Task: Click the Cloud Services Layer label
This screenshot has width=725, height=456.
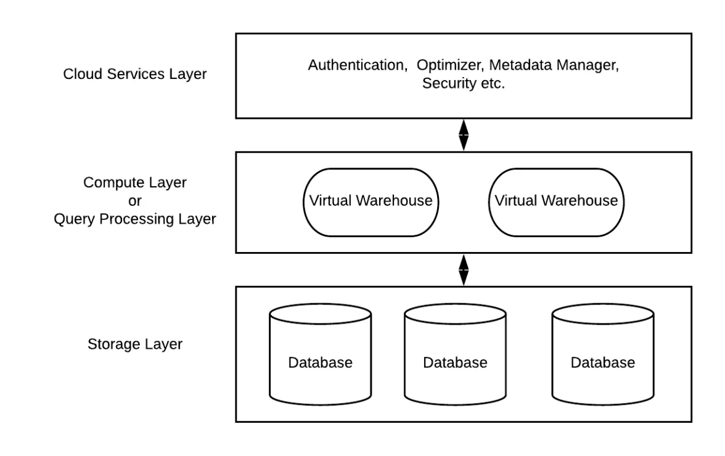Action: coord(135,75)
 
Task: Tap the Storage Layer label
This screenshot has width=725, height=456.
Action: coord(135,344)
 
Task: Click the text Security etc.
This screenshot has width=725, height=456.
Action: coord(463,84)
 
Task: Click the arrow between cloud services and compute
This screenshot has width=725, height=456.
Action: coord(464,135)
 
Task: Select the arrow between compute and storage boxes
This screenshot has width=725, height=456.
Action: coord(464,270)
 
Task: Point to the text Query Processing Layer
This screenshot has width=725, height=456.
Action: coord(135,219)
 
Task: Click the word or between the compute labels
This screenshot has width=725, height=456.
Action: coord(135,201)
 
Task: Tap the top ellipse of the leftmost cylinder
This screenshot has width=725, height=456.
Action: coord(321,316)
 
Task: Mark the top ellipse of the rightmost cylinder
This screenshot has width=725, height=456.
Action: coord(602,316)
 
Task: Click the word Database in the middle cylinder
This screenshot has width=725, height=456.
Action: coord(455,362)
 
